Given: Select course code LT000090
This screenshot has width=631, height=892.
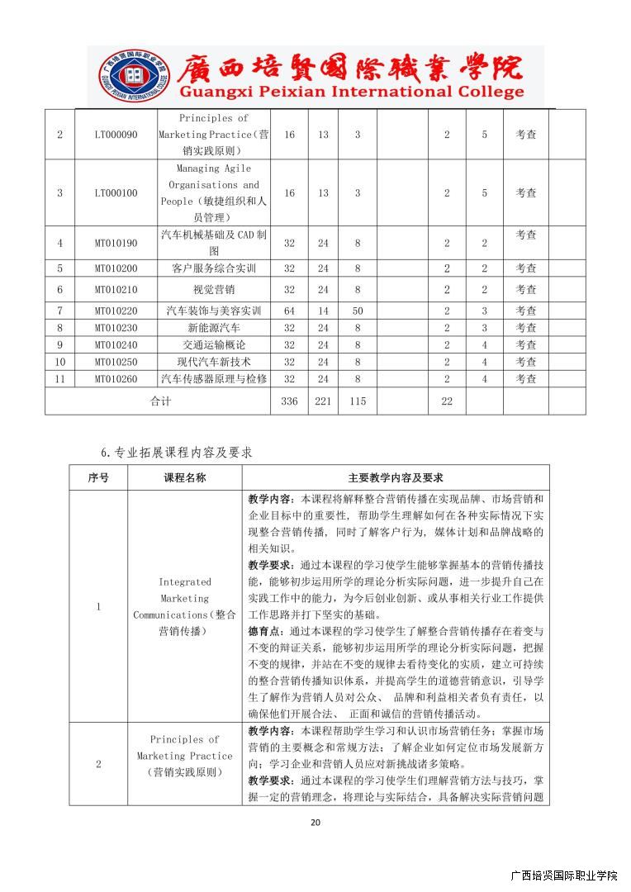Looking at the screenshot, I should click(116, 134).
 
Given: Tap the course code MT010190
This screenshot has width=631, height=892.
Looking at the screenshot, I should click(116, 243).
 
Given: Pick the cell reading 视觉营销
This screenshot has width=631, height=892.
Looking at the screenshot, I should click(214, 290).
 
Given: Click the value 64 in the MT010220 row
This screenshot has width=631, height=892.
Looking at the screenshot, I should click(289, 311).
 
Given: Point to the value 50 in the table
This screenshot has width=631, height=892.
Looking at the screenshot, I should click(358, 311).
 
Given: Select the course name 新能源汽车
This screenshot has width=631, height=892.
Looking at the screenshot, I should click(214, 328).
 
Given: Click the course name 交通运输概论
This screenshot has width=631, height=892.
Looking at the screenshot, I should click(214, 345).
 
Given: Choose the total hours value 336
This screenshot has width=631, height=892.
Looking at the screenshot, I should click(289, 401).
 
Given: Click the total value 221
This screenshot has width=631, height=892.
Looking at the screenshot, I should click(323, 401).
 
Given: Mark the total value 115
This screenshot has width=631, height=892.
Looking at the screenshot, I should click(358, 401).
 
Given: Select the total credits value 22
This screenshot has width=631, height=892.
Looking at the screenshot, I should click(447, 401).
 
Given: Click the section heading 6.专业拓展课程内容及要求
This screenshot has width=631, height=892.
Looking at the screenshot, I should click(176, 452).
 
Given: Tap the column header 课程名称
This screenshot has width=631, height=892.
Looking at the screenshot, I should click(185, 477).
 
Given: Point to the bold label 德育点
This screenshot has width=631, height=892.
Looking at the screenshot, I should click(263, 631).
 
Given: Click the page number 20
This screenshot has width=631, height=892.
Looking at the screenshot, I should click(315, 822).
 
